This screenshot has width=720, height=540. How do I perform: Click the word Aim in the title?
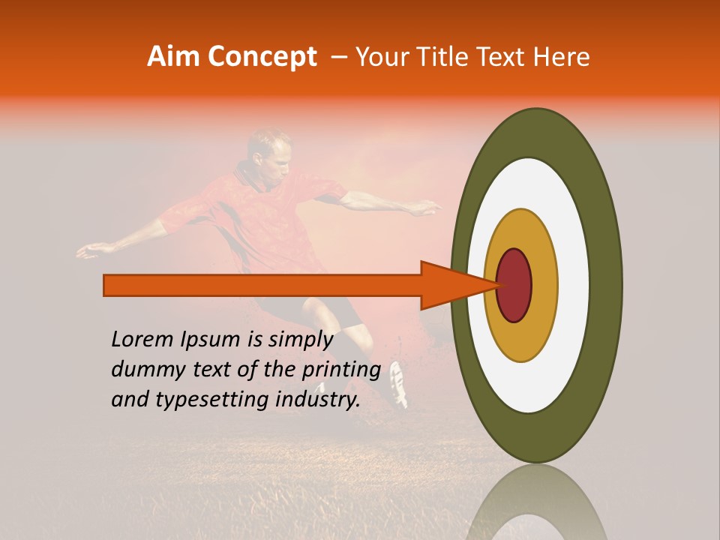point(175,57)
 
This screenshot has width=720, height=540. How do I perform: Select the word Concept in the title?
point(262,57)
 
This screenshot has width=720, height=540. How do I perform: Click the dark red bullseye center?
point(514,285)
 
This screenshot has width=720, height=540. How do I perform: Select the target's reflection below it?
point(536,502)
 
